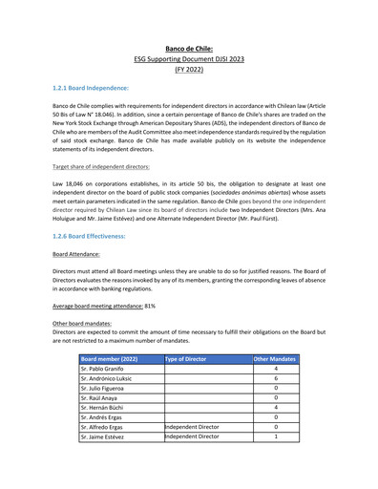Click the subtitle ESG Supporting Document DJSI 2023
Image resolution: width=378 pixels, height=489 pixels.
[189, 58]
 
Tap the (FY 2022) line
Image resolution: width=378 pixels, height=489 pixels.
[189, 70]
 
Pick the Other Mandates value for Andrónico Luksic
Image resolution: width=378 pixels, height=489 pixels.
[275, 378]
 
